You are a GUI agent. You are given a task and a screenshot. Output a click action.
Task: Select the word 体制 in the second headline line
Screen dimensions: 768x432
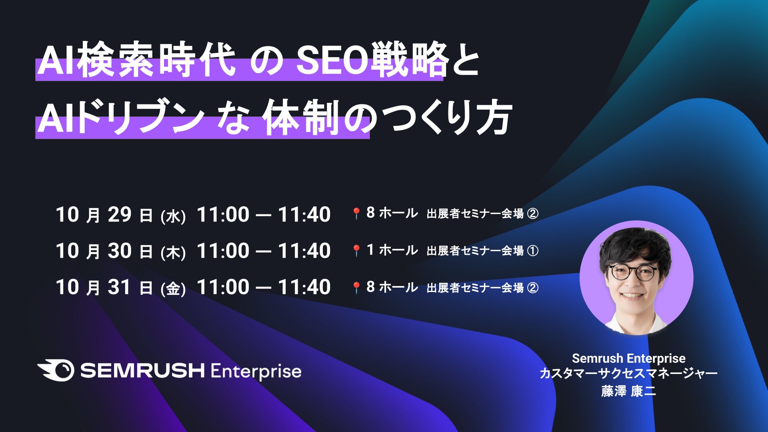[301, 117]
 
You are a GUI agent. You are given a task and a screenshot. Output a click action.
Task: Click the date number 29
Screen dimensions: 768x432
[120, 214]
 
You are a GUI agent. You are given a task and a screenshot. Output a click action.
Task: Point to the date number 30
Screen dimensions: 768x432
[120, 251]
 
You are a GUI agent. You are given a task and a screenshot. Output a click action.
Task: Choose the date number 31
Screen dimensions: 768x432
[119, 287]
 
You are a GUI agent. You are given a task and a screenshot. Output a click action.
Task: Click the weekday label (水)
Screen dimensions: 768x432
[173, 216]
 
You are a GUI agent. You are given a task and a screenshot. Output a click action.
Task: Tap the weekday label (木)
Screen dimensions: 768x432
[173, 252]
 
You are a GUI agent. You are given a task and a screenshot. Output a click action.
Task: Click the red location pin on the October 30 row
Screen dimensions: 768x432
[356, 251]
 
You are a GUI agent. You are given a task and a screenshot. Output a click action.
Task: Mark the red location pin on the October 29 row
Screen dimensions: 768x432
[356, 214]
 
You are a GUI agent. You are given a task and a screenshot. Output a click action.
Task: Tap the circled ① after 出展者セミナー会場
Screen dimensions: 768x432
[533, 251]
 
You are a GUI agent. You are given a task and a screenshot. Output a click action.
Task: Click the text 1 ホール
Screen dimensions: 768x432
[392, 250]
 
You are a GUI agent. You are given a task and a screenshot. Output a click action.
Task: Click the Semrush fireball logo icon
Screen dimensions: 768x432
[56, 370]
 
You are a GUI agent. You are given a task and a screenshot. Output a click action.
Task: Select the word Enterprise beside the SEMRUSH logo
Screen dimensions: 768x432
[256, 372]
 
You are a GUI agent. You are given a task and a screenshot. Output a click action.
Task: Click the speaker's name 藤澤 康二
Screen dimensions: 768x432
[628, 391]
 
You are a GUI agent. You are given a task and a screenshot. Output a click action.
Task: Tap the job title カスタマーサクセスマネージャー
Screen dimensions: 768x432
[628, 374]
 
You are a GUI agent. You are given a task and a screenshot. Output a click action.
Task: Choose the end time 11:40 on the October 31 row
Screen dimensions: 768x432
[304, 287]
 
